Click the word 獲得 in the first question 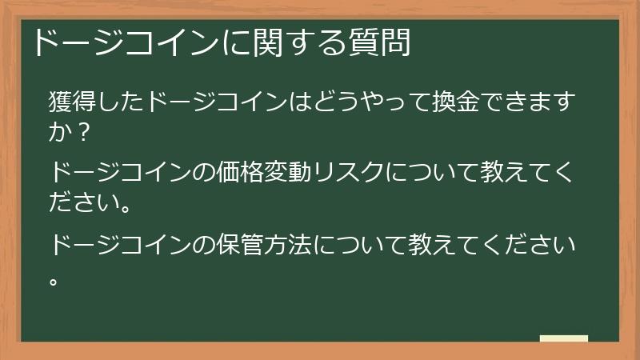pyautogui.click(x=71, y=103)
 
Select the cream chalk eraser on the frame pyautogui.click(x=563, y=339)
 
